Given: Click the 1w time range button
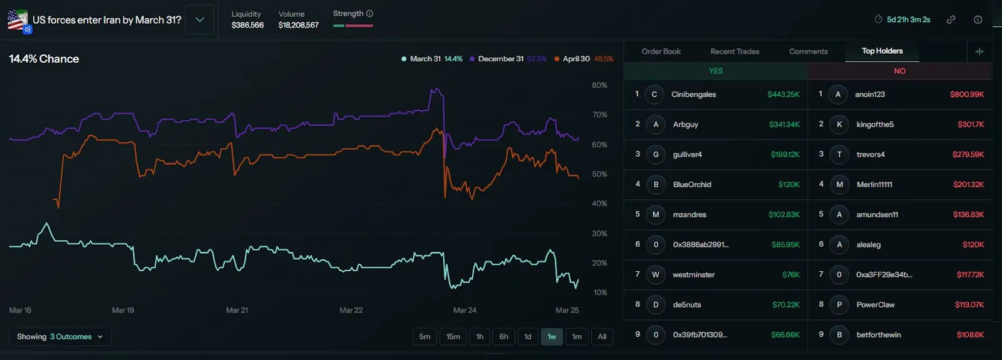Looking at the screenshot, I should [x=552, y=337].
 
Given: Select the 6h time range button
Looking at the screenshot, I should [x=504, y=337].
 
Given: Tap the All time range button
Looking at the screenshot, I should [x=602, y=337].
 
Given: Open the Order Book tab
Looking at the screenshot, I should [x=661, y=51].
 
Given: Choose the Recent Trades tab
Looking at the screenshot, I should [x=735, y=51].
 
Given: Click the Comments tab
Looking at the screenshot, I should [x=808, y=51].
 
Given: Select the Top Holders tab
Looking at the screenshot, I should [x=882, y=51].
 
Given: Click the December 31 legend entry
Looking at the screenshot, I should [x=500, y=59].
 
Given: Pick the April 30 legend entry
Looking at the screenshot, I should [x=576, y=59].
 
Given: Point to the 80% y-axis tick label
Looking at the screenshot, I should [x=599, y=85].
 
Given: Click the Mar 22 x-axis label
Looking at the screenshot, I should [x=351, y=310].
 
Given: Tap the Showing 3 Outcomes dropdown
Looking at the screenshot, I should [x=60, y=337].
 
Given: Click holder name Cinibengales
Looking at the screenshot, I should [x=693, y=95].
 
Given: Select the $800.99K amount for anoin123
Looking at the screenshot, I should [x=967, y=95].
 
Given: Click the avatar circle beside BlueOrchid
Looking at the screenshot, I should [x=656, y=185].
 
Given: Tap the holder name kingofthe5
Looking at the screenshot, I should [x=875, y=125].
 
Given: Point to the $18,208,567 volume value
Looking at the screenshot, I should [x=298, y=25].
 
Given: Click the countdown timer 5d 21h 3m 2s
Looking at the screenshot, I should [x=908, y=19].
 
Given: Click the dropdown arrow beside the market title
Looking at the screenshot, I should [x=200, y=19].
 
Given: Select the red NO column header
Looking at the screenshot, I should [x=899, y=71].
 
